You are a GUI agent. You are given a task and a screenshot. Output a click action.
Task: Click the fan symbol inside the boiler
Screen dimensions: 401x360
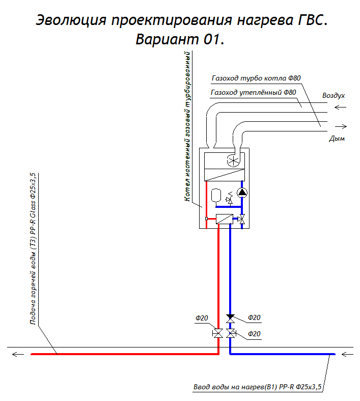click(233, 162)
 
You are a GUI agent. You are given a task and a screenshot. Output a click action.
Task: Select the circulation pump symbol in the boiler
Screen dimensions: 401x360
click(241, 193)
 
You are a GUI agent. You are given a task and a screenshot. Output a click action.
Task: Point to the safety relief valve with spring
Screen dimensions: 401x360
click(230, 198)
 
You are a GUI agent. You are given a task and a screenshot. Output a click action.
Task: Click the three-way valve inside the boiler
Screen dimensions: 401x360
click(241, 220)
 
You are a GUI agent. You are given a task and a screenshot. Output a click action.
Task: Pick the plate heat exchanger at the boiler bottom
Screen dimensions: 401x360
click(224, 220)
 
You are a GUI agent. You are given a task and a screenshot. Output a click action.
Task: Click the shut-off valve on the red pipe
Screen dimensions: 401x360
click(217, 334)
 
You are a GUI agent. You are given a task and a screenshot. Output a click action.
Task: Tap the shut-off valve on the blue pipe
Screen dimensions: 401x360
click(231, 334)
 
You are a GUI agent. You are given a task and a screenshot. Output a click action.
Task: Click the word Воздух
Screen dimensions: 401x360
click(334, 95)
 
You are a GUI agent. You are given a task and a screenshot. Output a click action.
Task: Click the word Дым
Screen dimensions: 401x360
click(337, 138)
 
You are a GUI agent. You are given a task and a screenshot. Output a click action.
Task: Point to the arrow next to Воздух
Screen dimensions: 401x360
click(340, 107)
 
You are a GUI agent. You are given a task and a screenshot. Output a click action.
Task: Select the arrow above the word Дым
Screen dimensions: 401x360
click(341, 126)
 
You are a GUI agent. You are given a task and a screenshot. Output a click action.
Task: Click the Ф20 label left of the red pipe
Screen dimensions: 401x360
click(202, 318)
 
